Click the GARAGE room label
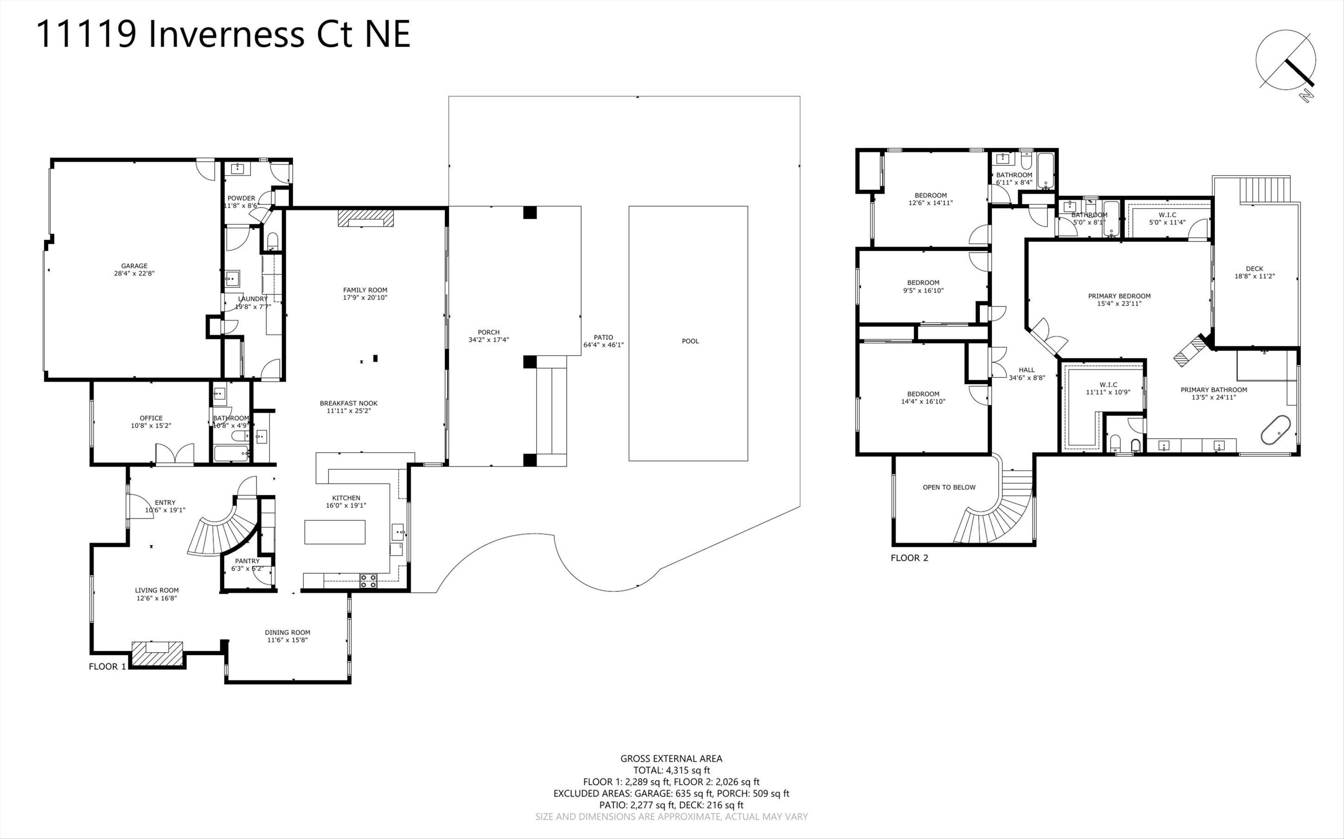pos(134,266)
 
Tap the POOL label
pos(690,341)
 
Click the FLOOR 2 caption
pos(909,558)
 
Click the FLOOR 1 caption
pos(107,667)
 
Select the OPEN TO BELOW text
pos(949,487)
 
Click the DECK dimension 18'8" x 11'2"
pos(1254,276)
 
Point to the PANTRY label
pos(247,561)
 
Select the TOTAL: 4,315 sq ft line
pos(671,770)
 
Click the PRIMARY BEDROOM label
pos(1119,296)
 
